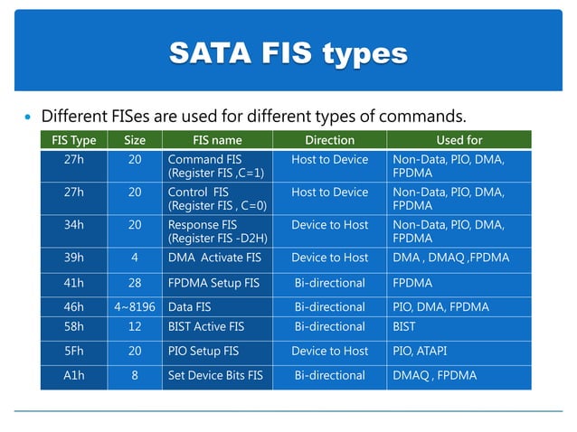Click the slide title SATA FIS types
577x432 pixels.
point(288,53)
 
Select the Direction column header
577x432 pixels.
point(329,140)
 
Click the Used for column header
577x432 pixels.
point(459,140)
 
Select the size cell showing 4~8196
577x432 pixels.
point(135,306)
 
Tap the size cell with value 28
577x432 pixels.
point(135,282)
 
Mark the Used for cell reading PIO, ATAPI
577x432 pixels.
point(424,351)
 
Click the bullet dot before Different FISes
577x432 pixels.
point(26,117)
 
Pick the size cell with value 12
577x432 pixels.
point(135,326)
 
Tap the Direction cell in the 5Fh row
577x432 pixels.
point(329,351)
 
